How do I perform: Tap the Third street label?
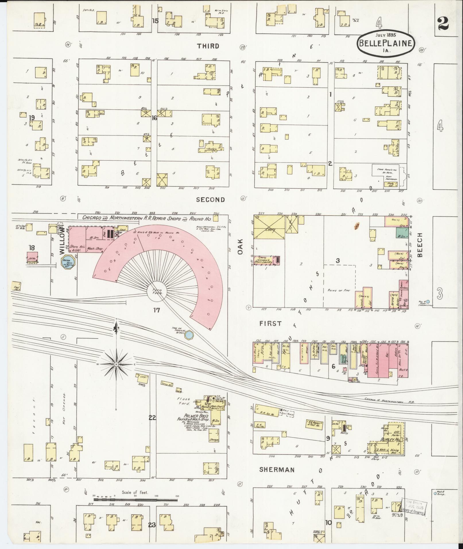pos(208,46)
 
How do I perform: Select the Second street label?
pos(210,200)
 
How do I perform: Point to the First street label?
pos(270,323)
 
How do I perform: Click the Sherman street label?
pos(273,470)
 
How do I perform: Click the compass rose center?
pos(116,364)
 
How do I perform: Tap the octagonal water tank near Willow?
pos(69,262)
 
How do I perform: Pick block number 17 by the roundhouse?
pos(156,310)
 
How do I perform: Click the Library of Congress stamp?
pos(414,507)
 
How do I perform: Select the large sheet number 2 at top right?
pos(444,24)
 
